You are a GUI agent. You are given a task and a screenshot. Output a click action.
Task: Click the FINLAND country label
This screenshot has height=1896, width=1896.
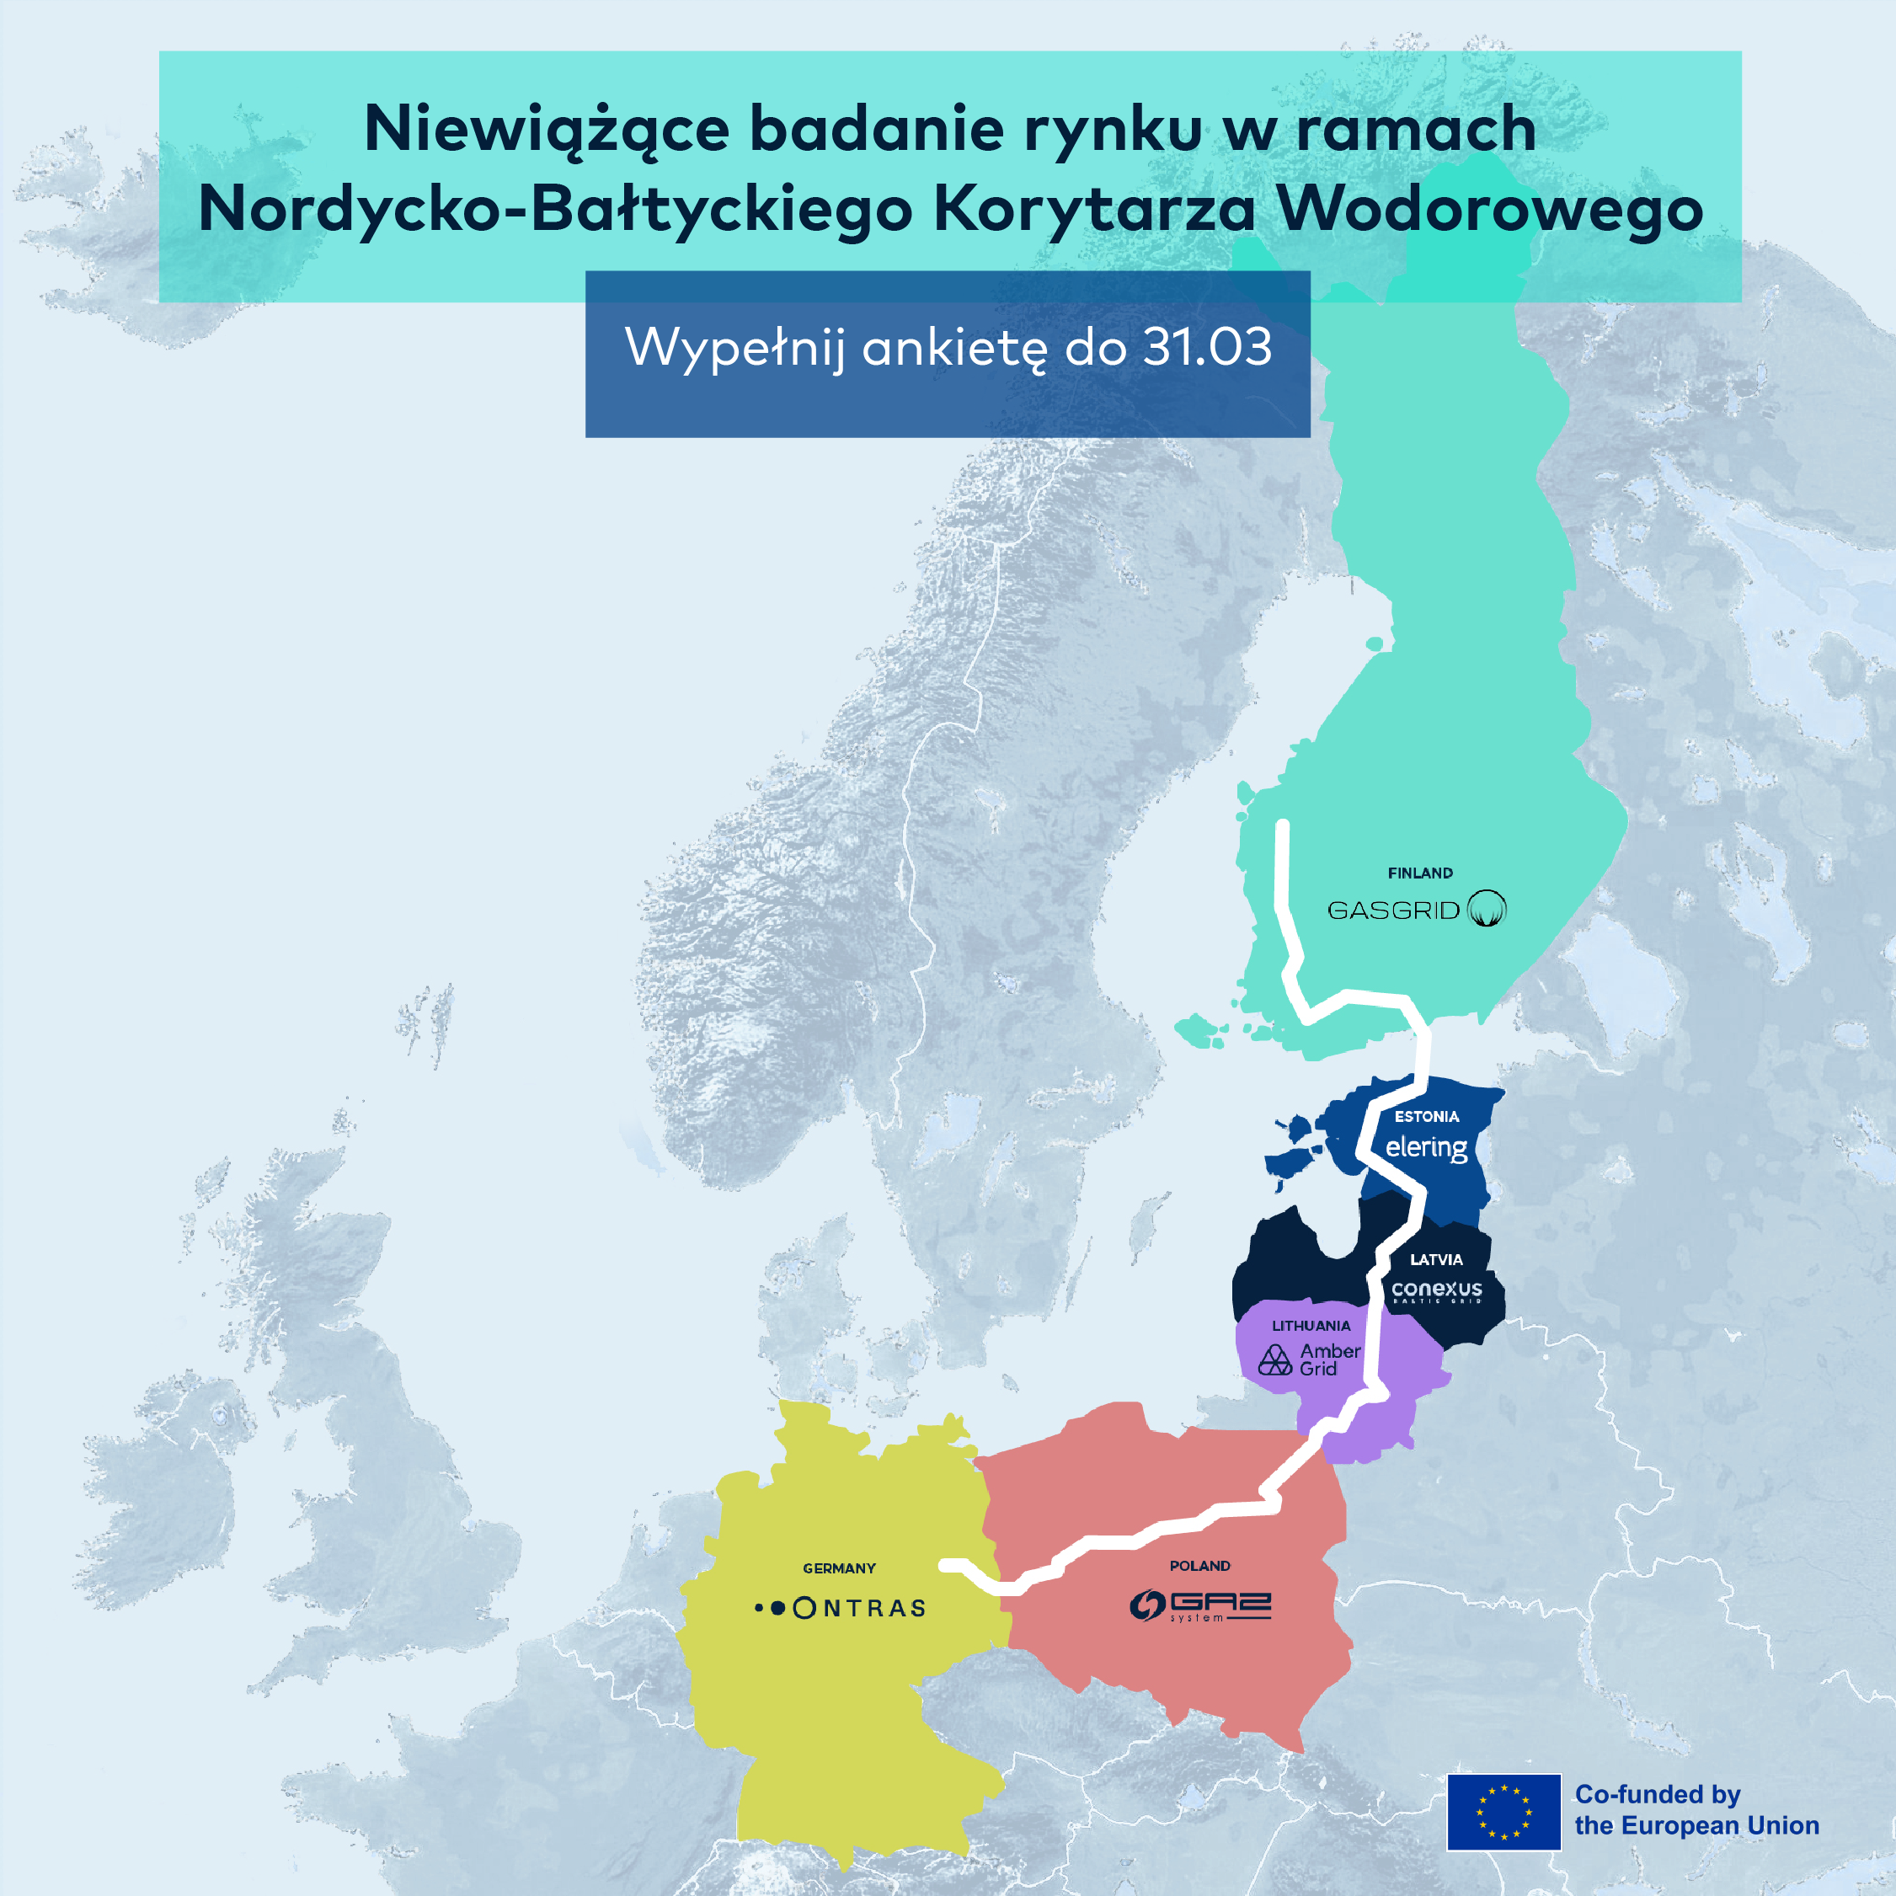(x=1420, y=873)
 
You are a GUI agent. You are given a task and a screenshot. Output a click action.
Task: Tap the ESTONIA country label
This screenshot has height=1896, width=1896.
(x=1426, y=1116)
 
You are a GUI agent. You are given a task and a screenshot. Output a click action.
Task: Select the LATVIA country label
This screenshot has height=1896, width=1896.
(x=1436, y=1259)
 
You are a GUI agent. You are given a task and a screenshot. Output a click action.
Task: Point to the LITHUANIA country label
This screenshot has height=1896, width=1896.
(x=1311, y=1326)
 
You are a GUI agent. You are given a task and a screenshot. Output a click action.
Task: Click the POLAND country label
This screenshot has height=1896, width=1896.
(x=1199, y=1565)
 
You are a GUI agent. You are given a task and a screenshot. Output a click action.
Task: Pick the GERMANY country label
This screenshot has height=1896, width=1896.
(x=839, y=1568)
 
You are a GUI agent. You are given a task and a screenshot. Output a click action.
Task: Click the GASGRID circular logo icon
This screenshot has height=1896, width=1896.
(x=1487, y=909)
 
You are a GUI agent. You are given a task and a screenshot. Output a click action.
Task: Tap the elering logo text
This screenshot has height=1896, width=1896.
(x=1426, y=1147)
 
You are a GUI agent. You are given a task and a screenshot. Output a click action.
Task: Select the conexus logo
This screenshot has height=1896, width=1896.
(x=1437, y=1290)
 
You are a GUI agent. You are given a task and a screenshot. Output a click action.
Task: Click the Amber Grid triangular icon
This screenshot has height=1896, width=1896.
(x=1274, y=1360)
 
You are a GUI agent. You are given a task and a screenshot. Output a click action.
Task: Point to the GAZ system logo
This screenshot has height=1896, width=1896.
(x=1199, y=1605)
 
